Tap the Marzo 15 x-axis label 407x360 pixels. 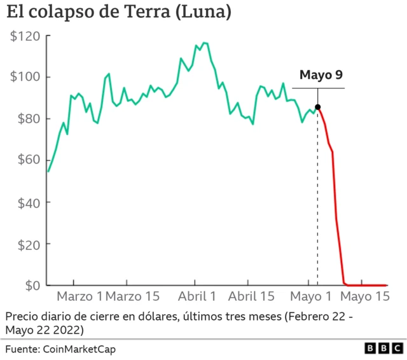132,296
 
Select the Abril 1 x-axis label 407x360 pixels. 197,296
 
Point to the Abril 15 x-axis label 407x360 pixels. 251,296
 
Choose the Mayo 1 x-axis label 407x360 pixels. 312,296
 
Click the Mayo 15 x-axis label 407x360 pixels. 364,296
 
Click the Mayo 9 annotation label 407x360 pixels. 321,75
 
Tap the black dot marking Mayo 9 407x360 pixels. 317,107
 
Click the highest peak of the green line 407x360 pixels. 203,43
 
